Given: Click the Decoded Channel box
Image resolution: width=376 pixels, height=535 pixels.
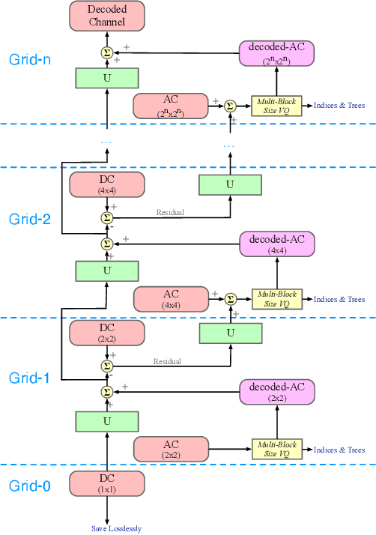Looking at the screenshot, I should tap(106, 16).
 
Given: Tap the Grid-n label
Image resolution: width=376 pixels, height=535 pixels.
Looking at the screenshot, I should tap(31, 59).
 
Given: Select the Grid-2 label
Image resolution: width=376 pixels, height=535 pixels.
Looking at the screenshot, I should tap(31, 219).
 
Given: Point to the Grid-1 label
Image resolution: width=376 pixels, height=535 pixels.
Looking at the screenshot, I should tap(29, 378).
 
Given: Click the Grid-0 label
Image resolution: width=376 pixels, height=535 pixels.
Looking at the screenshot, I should tap(30, 486).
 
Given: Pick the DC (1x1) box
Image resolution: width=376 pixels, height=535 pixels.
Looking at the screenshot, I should tap(106, 483).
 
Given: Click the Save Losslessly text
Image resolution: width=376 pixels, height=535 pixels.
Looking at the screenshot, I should tap(116, 528).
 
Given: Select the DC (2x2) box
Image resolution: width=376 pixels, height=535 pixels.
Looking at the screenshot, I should tap(106, 333).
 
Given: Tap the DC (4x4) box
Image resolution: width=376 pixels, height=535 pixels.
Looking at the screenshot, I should tap(106, 185).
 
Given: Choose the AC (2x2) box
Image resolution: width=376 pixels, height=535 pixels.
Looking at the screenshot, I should tap(170, 449).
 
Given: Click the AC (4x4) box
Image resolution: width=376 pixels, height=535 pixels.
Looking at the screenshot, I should tap(170, 298).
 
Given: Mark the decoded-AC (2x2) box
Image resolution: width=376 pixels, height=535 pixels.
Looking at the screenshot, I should tap(277, 393).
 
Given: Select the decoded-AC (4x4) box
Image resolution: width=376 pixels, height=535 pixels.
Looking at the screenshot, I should tap(277, 244).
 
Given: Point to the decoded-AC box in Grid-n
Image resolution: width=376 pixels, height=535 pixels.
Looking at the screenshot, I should tap(277, 53).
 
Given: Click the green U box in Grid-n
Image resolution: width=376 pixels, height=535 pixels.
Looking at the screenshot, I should tap(106, 77).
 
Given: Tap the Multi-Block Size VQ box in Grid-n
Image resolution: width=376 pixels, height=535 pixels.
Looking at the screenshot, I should tap(277, 106).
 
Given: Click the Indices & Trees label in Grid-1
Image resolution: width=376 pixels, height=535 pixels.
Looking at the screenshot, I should tap(339, 450).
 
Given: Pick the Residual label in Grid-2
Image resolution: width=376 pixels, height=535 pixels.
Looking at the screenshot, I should tap(170, 212).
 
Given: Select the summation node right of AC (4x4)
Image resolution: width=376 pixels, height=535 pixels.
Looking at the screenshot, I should tap(230, 298).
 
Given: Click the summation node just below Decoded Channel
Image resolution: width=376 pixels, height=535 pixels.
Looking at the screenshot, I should tap(106, 52).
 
